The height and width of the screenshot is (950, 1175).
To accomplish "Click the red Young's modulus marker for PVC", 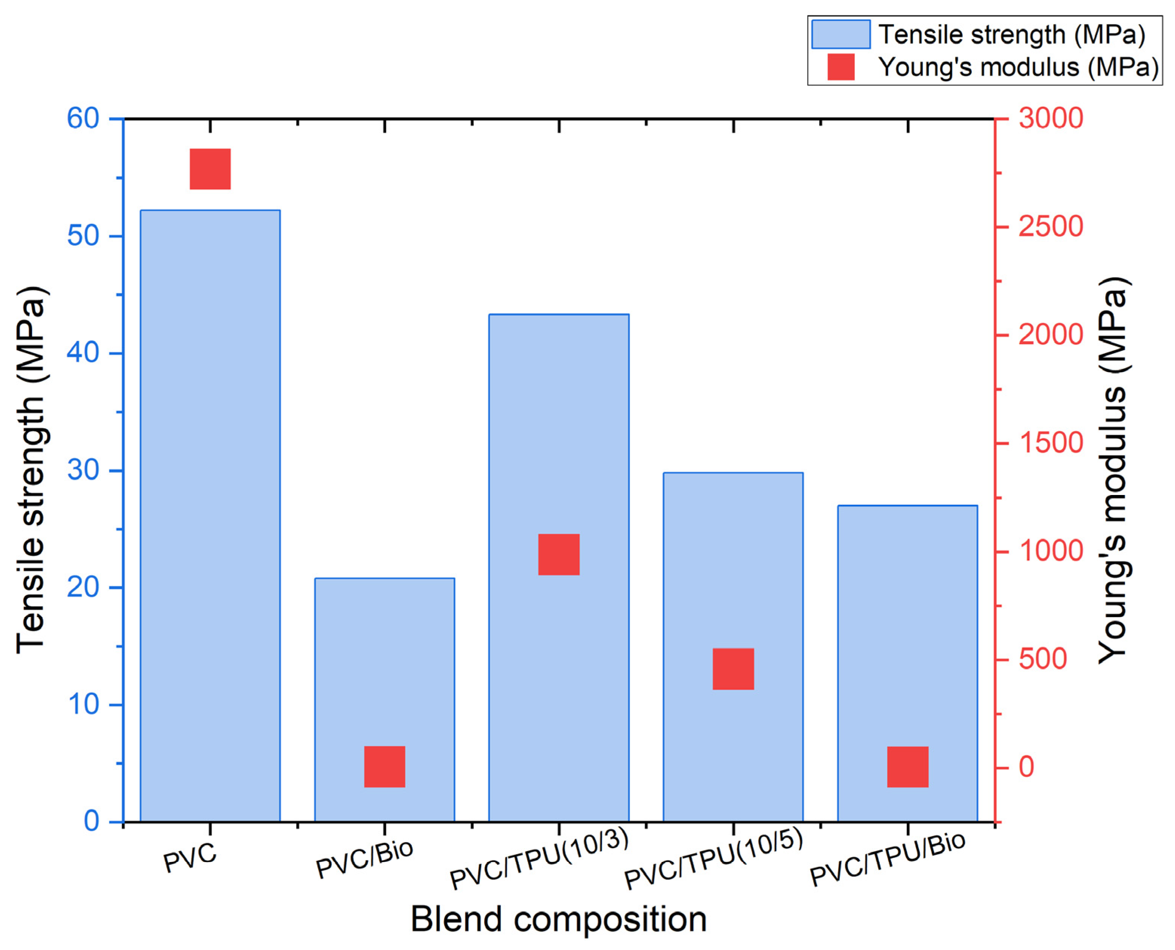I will click(210, 169).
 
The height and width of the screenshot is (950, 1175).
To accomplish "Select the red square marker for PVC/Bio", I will click(385, 767).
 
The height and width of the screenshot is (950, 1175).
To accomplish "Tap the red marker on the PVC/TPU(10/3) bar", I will click(558, 554).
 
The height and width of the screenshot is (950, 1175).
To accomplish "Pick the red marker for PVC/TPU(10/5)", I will click(733, 669).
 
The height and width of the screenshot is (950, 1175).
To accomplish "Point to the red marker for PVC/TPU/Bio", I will click(908, 767).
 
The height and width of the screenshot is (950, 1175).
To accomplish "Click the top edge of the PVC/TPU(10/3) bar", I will click(558, 315).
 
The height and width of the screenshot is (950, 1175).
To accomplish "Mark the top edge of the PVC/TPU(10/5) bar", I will click(733, 473).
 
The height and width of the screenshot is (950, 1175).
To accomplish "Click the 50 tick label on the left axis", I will click(83, 236).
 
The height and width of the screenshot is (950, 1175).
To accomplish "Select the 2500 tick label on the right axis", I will click(1050, 226).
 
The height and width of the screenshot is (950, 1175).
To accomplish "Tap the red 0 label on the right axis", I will click(1026, 767).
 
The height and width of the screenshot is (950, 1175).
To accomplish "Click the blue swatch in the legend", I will click(841, 34).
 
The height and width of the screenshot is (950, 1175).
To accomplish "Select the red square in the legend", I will click(841, 67).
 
